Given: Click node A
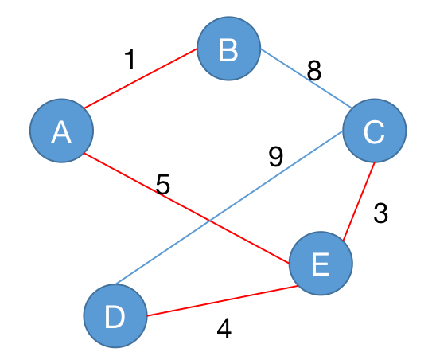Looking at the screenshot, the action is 61,131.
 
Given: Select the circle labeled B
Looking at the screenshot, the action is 228,49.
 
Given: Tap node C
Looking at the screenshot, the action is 375,131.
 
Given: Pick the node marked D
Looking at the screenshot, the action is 115,315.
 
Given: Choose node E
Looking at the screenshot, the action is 321,264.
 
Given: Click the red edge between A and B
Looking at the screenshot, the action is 140,79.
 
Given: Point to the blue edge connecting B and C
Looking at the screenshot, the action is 306,78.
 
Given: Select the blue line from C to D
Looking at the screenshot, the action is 229,208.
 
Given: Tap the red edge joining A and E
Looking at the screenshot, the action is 187,208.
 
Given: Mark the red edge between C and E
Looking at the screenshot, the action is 359,202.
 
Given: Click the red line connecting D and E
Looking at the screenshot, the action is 223,301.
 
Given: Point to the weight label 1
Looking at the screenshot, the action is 130,59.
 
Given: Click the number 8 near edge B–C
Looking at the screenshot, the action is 314,71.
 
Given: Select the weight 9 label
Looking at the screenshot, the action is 276,157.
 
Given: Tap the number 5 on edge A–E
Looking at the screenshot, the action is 162,184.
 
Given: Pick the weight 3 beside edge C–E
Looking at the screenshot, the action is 380,213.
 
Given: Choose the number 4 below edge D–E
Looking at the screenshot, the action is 224,328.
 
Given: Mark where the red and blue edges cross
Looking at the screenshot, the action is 210,221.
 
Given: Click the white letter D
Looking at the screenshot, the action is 115,316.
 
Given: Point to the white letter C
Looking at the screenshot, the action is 374,132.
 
